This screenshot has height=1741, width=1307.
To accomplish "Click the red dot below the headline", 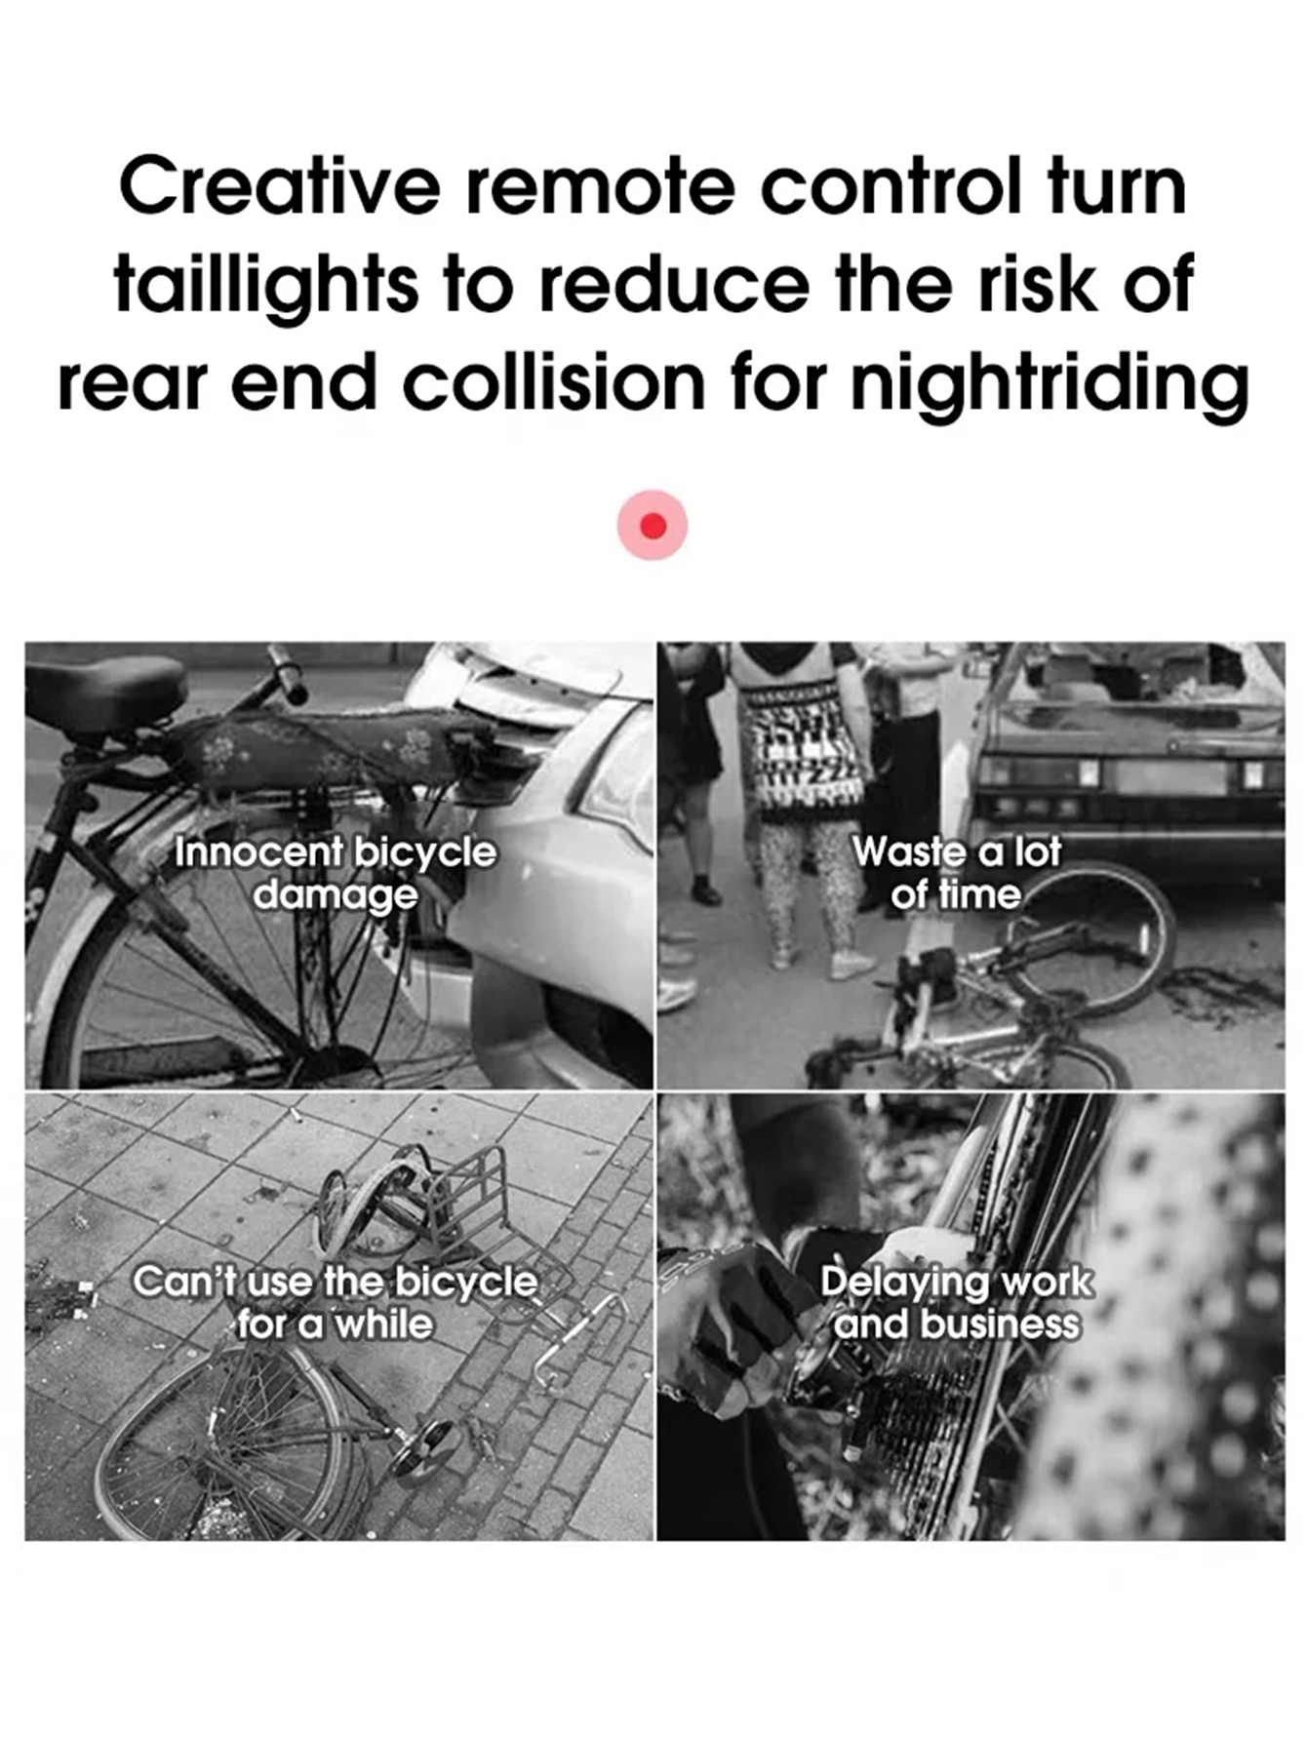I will (653, 526).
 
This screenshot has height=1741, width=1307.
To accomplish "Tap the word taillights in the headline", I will (265, 284).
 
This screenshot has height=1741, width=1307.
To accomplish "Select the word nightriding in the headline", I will (1049, 382).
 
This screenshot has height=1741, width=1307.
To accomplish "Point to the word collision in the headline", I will (554, 382).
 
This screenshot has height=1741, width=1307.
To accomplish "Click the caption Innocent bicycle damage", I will (335, 873).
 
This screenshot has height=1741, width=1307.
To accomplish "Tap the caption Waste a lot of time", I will (956, 873).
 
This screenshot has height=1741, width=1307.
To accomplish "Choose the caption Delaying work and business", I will (956, 1302).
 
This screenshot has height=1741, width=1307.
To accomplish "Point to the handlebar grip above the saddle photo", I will (287, 673).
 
